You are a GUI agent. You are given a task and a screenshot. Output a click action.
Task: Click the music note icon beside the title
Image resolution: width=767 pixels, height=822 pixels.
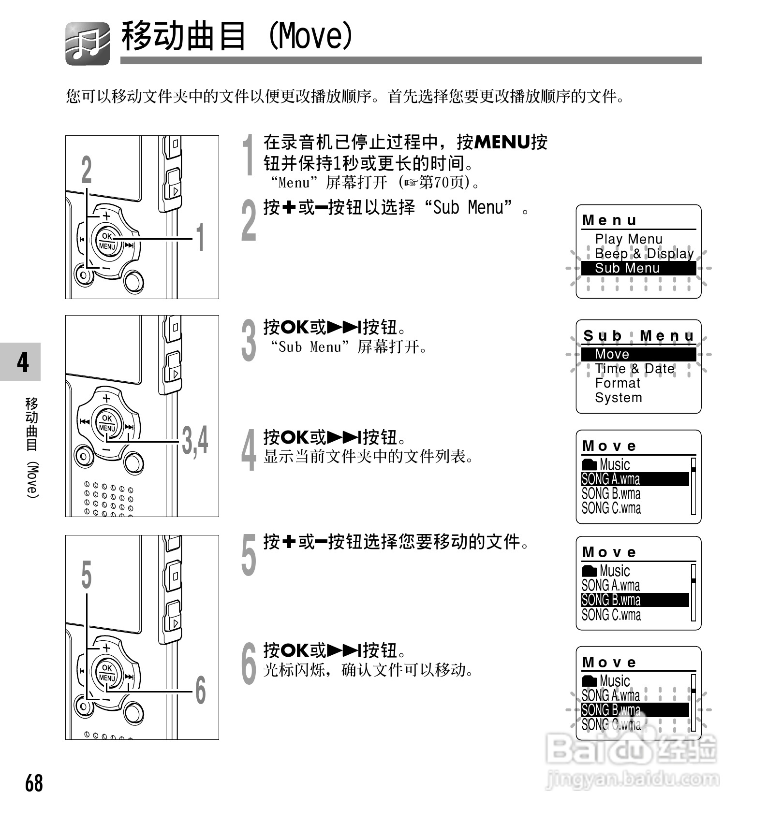click(88, 43)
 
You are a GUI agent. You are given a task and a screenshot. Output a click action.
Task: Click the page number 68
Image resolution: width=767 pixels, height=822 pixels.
click(34, 783)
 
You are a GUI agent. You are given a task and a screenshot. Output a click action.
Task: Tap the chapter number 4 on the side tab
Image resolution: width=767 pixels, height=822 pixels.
click(22, 362)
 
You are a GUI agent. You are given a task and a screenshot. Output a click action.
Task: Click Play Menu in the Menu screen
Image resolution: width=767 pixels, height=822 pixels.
click(628, 239)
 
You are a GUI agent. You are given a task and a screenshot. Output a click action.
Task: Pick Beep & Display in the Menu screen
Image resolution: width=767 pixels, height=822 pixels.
click(644, 254)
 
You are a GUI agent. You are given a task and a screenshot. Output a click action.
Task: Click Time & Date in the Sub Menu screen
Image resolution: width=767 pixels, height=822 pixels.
click(634, 369)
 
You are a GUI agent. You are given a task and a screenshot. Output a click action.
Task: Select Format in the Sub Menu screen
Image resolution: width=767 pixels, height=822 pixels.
click(618, 383)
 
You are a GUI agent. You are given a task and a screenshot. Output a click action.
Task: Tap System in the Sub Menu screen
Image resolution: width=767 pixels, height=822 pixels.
click(619, 398)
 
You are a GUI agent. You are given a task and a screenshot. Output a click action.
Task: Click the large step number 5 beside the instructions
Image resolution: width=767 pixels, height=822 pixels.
click(249, 555)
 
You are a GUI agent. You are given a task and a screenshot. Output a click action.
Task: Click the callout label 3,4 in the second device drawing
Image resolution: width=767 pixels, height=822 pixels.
click(195, 440)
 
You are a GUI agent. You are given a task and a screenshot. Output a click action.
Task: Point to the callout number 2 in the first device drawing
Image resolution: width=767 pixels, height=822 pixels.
click(86, 170)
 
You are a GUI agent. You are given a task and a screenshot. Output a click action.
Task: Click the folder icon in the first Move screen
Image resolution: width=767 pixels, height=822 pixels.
click(589, 464)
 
